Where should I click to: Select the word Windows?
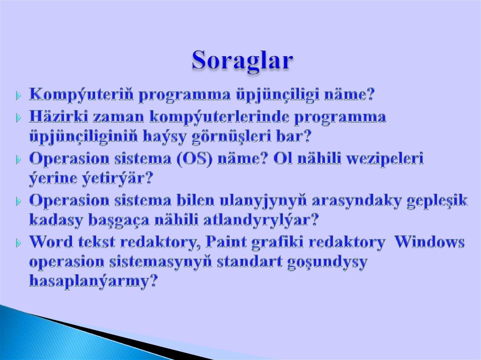click(429, 242)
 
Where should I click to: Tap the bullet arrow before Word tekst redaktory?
click(18, 243)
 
